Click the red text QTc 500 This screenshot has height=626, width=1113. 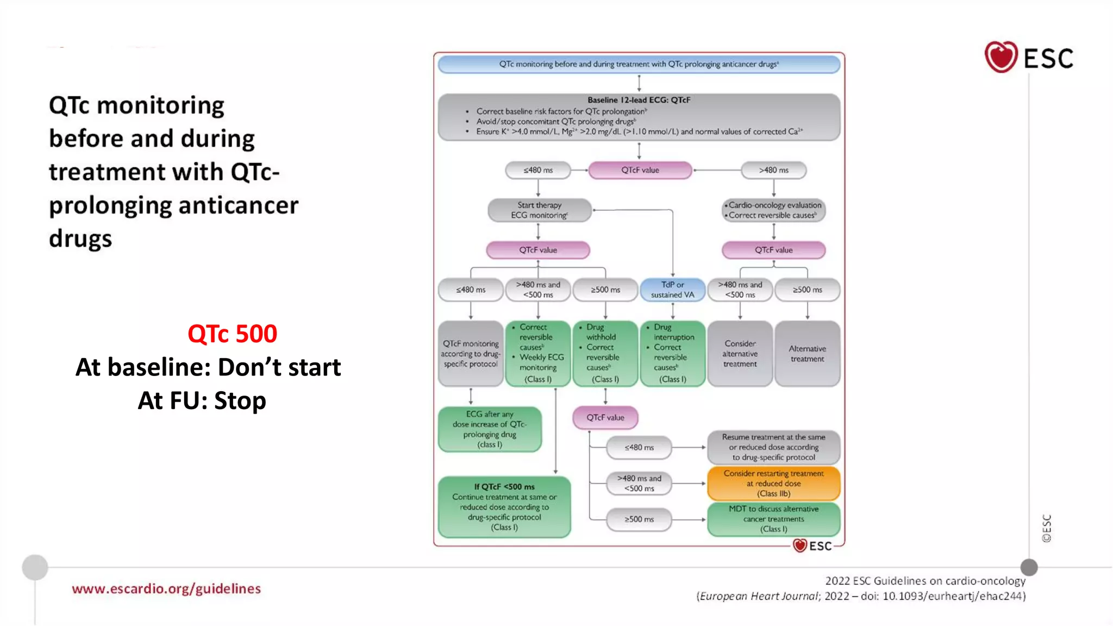232,334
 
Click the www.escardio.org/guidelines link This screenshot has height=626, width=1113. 166,589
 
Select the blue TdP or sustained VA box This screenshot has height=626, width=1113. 672,290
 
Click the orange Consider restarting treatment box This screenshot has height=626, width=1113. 773,483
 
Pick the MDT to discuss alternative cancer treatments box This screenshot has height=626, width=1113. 773,519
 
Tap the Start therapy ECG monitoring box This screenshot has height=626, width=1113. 539,210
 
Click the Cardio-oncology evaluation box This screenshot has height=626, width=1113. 773,210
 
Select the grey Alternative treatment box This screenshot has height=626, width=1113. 807,354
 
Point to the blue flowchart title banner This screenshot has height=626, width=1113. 639,64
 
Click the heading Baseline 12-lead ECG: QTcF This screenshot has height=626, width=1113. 639,100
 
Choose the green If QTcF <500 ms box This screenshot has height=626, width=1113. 504,507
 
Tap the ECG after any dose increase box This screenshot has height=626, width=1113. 490,429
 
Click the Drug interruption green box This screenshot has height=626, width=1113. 672,353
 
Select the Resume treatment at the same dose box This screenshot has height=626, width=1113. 773,447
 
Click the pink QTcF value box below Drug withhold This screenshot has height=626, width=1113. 605,417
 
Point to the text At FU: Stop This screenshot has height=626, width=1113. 202,400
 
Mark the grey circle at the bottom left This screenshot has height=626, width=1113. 35,567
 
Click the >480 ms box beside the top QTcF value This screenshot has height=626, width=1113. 773,170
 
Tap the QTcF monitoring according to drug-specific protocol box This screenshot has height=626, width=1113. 471,354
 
